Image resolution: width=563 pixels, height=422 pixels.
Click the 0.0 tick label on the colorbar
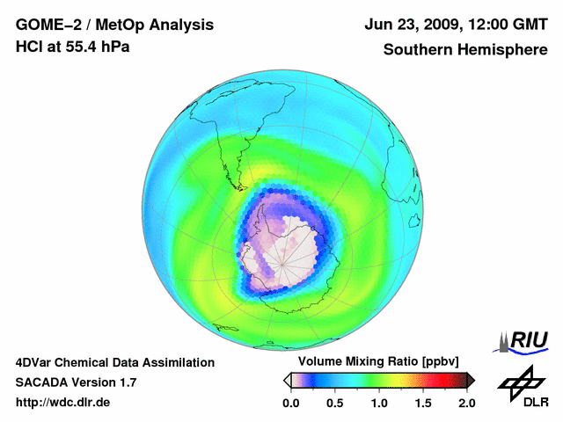pos(290,403)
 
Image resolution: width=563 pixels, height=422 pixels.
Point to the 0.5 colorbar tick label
pos(334,403)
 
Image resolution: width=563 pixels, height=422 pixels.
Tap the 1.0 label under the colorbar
pos(379,403)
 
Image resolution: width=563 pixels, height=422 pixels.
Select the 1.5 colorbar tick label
pos(423,403)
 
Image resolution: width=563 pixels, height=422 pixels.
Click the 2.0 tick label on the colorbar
pos(466,403)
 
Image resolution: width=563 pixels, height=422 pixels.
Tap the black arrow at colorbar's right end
pos(470,380)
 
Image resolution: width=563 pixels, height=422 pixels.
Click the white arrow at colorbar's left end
pos(287,380)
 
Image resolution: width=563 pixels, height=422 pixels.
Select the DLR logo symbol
pos(519,381)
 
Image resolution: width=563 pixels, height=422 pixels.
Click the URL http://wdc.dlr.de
pos(63,403)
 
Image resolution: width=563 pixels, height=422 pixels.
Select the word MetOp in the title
pos(112,25)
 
